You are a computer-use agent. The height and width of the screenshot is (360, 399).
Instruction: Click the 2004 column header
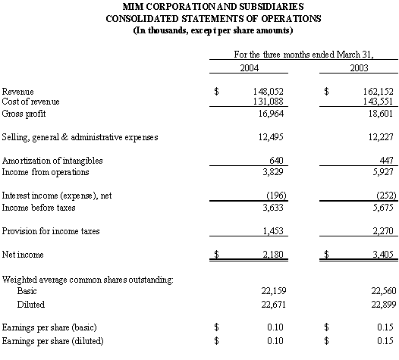coord(249,68)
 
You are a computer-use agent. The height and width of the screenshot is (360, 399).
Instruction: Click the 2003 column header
coord(359,68)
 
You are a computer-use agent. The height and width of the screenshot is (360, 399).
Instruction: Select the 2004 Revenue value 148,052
coord(269,92)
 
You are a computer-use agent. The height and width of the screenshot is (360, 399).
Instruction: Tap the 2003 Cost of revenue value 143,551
coord(378,102)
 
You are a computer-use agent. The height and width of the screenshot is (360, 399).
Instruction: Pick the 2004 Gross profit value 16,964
coord(271,114)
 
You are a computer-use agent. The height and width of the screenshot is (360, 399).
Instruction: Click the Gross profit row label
coord(24,114)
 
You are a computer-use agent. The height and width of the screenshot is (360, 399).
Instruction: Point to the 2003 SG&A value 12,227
coord(381,137)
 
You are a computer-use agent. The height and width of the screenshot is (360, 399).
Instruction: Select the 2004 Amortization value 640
coord(276,160)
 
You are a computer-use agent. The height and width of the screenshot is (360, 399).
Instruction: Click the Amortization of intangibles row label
coord(52,161)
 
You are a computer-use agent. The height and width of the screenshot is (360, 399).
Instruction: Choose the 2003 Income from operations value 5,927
coord(383,172)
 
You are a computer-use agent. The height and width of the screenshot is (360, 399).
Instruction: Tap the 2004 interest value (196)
coord(276,196)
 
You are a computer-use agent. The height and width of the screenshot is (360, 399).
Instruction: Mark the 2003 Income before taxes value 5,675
coord(383,208)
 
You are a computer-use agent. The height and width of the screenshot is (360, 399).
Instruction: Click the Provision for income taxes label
coord(51,231)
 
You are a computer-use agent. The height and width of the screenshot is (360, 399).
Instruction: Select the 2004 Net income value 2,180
coord(273,254)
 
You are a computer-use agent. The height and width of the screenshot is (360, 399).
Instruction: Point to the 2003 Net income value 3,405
coord(383,254)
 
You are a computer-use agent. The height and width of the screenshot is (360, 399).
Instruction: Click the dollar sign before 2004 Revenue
coord(216,91)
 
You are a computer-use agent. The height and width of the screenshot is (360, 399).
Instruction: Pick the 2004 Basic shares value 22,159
coord(274,290)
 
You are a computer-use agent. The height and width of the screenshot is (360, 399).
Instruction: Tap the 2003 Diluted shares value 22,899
coord(384,305)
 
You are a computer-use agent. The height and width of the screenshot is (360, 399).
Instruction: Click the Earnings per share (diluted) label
coord(52,341)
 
